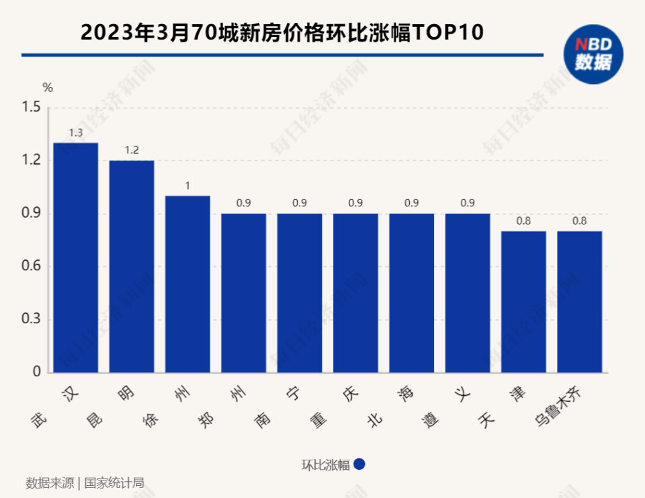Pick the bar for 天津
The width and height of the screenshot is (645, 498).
point(523,302)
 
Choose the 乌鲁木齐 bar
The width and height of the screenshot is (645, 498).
point(579,302)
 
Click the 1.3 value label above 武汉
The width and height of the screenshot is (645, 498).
point(76,133)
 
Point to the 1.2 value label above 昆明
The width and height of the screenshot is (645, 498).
point(132,151)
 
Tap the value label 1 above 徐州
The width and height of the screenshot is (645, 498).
point(187,185)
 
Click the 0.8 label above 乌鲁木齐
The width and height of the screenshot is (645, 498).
point(579,220)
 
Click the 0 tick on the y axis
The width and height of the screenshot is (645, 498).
point(37,372)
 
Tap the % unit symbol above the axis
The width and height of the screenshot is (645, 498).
point(48,87)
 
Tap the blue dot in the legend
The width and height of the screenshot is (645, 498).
point(359,464)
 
